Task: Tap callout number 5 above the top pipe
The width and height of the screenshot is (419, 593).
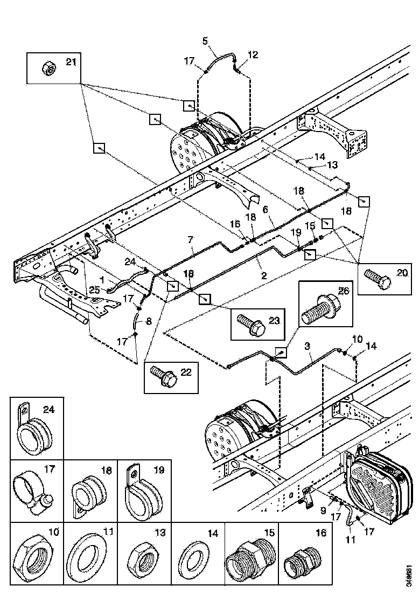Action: [205, 40]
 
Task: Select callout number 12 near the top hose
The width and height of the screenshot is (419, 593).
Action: [253, 54]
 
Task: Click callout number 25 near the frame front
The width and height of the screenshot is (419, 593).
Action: [95, 291]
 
